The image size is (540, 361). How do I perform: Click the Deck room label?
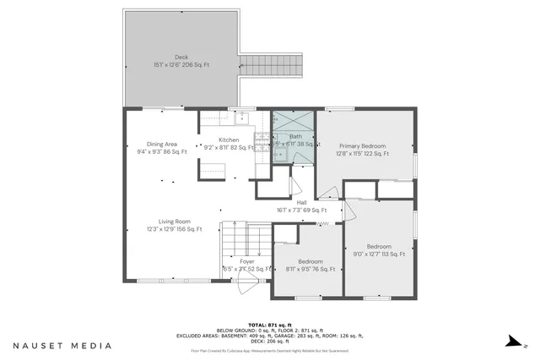click(181, 58)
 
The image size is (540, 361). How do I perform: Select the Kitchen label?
click(229, 139)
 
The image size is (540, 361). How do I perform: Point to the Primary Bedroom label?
click(362, 145)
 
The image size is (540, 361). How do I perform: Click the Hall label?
click(301, 202)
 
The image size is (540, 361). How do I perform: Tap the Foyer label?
click(246, 261)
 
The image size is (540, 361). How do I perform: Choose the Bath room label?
click(295, 136)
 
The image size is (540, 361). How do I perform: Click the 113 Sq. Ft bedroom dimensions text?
click(379, 254)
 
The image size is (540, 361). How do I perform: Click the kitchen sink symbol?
click(240, 117)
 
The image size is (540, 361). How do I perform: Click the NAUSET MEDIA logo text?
click(62, 345)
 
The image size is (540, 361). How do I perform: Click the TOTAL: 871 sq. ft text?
click(278, 325)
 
